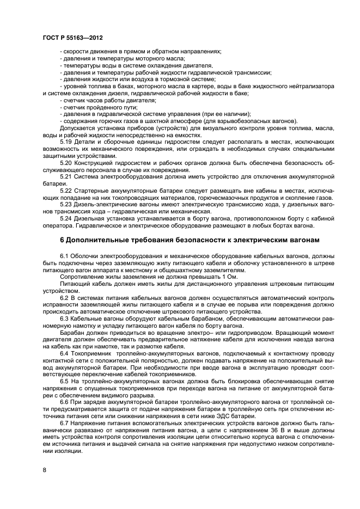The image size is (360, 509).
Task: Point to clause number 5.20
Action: [65, 163]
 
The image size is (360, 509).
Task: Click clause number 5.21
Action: [65, 177]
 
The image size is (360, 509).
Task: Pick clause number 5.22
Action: [65, 191]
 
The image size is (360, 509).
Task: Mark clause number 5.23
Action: [65, 205]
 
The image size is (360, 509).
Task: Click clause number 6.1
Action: [64, 255]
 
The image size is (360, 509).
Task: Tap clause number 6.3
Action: [64, 318]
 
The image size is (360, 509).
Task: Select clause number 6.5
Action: [64, 382]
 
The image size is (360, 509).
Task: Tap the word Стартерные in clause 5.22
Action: [88, 191]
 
